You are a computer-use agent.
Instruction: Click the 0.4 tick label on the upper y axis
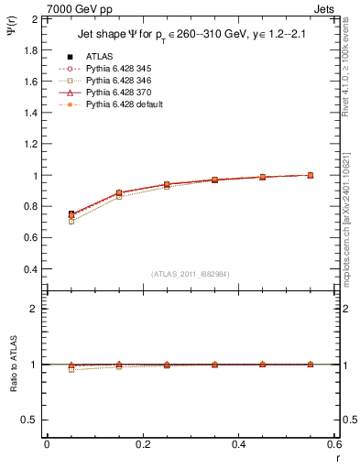pos(32,269)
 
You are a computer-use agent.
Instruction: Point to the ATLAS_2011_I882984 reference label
pos(191,274)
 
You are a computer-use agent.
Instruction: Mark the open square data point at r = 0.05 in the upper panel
pos(71,222)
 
